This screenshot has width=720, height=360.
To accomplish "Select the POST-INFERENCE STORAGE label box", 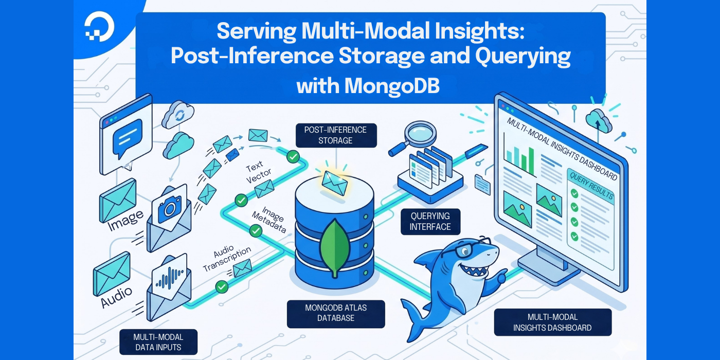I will point(335,135).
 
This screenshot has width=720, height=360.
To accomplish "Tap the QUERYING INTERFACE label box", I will point(430,222).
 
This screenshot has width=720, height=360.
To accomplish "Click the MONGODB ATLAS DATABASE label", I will point(336,313).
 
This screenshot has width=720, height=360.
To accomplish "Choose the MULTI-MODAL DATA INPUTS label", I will point(158,342).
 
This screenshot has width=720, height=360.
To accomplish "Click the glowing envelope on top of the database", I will point(335,180).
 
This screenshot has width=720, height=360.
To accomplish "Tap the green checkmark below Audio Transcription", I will point(222,286).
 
